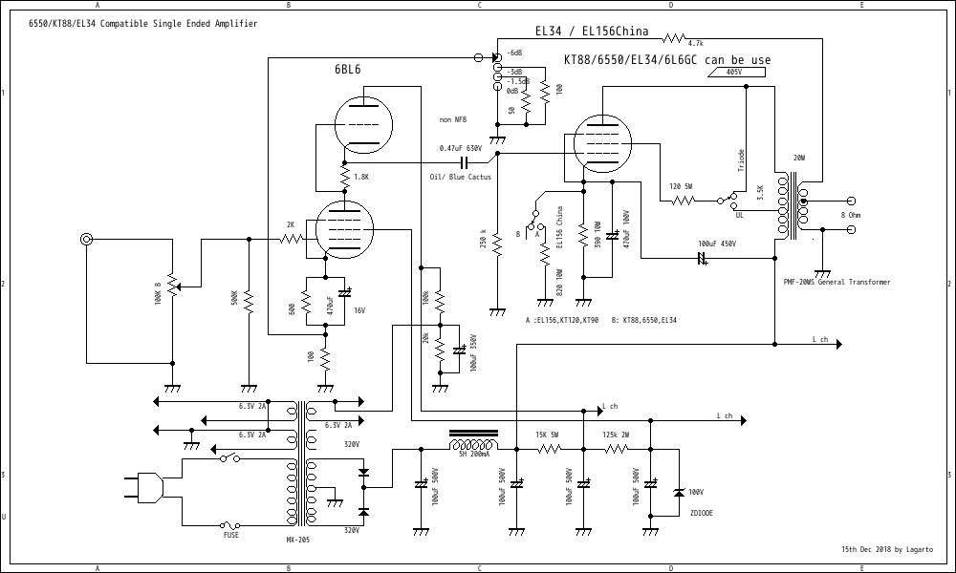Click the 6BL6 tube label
(347, 69)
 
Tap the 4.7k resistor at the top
(675, 38)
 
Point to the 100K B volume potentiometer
(173, 285)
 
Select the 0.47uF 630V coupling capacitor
(466, 163)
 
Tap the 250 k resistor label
(484, 238)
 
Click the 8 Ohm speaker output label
(849, 216)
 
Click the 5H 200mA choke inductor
(473, 445)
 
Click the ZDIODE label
(700, 513)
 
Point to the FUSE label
(231, 536)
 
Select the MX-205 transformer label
(297, 541)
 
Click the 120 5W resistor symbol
(682, 201)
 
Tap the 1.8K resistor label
(360, 177)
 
